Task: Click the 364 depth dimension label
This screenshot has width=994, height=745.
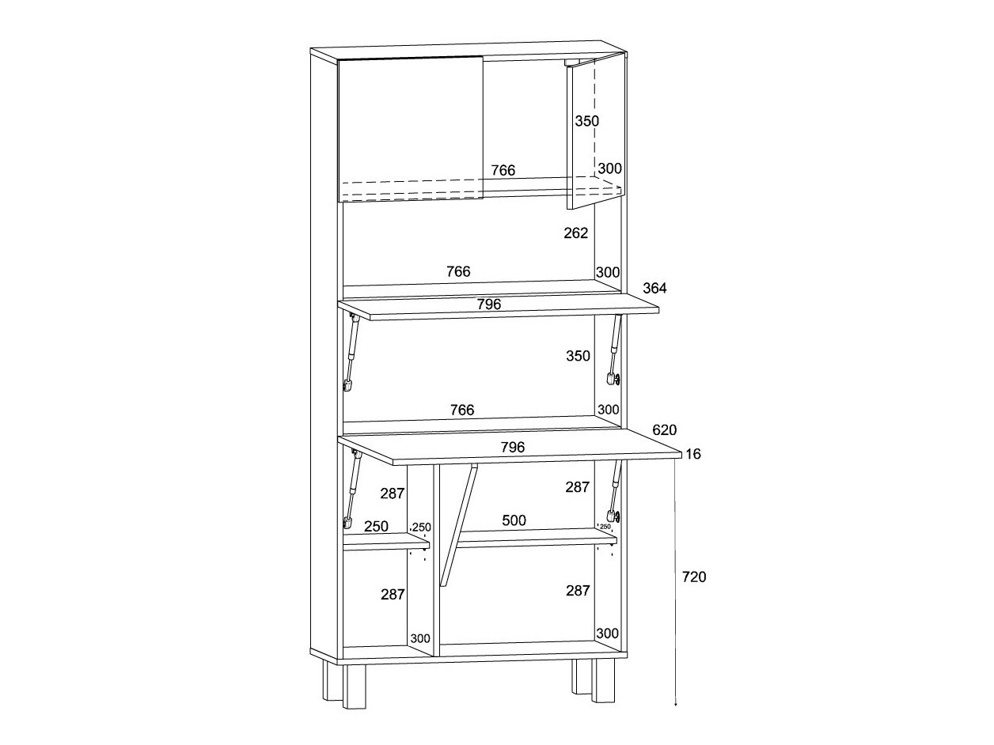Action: [x=654, y=288]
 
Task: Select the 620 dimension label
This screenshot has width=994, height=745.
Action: [x=664, y=430]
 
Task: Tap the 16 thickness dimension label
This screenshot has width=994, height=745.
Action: [x=693, y=454]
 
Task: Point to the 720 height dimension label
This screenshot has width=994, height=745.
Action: [x=693, y=577]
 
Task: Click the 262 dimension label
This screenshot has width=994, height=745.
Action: [x=576, y=233]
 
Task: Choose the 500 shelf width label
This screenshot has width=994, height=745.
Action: [x=514, y=520]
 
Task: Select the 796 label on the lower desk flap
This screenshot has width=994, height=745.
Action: [x=512, y=448]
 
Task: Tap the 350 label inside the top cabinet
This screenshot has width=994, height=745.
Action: [x=586, y=121]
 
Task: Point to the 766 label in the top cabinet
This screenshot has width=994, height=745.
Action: [x=503, y=170]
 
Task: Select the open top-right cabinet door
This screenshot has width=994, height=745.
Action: [x=582, y=134]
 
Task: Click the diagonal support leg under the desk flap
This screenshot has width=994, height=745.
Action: [x=460, y=525]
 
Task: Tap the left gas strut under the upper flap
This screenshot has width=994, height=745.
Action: [x=351, y=352]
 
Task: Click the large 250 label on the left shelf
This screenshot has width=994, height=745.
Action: [x=376, y=526]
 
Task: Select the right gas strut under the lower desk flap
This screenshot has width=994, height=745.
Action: [x=613, y=490]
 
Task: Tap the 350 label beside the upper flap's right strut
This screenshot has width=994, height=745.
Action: [x=578, y=356]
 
